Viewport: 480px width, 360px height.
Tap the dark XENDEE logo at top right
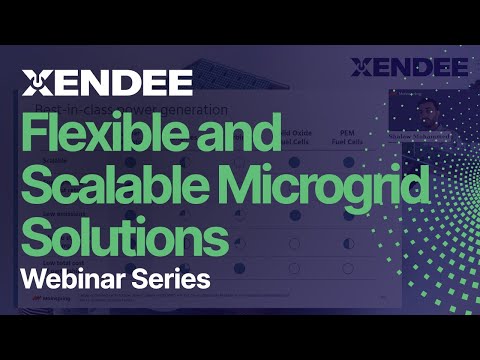410,68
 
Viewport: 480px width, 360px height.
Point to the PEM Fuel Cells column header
349,136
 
